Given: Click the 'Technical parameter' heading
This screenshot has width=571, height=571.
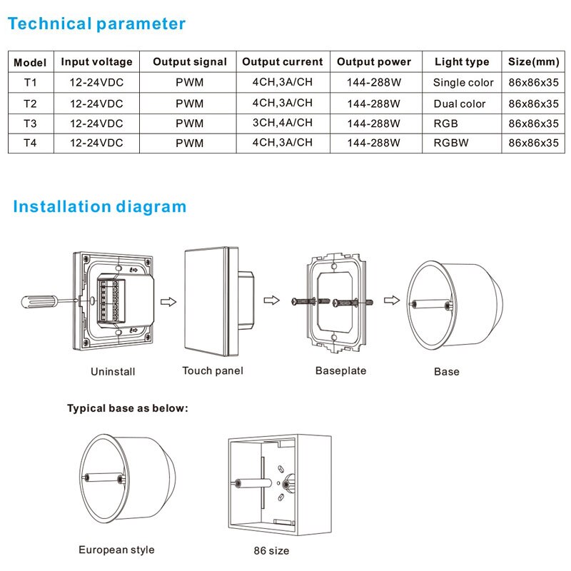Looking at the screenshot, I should click(x=96, y=24).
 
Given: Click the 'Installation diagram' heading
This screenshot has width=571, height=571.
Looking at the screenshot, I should click(x=99, y=207).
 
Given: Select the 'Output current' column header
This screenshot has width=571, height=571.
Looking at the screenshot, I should click(x=282, y=62).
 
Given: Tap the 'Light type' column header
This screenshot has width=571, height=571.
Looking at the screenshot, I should click(x=462, y=62).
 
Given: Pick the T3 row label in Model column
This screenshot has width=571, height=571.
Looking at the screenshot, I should click(x=30, y=123).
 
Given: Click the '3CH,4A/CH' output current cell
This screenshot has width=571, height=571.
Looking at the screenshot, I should click(x=282, y=123).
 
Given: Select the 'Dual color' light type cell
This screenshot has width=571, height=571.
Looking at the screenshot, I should click(x=460, y=103).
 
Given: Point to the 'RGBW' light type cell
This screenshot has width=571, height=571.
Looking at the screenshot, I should click(x=451, y=143).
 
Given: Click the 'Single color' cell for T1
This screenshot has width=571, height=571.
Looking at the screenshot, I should click(x=463, y=83).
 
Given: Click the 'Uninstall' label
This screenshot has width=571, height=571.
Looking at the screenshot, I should click(x=113, y=372).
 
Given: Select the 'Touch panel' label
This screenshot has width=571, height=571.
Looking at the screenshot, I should click(x=213, y=370).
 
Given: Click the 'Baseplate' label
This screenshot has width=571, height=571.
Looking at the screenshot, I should click(x=340, y=371).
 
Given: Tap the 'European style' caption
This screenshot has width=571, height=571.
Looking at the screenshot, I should click(x=116, y=550).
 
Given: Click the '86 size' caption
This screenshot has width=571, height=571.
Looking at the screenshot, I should click(x=271, y=551).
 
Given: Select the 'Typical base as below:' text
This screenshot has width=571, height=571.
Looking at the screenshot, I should click(x=128, y=409).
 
